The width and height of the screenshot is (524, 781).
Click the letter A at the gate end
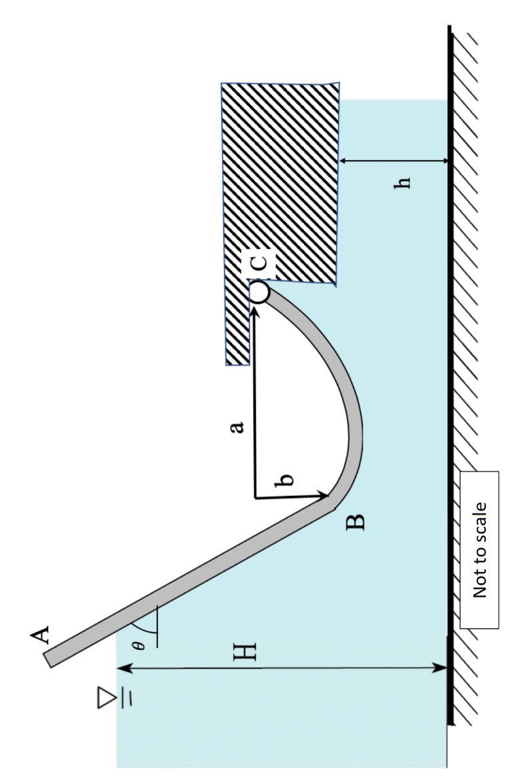pos(42,635)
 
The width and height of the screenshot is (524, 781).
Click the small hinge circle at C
pos(259,292)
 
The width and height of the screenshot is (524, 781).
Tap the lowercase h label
pos(402,182)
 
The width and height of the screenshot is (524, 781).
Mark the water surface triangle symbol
pos(106,698)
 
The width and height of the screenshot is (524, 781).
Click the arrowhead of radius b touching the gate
pos(325,496)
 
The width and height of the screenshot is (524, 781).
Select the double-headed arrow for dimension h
pos(393,161)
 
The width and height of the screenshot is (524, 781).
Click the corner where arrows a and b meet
pos(255,498)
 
